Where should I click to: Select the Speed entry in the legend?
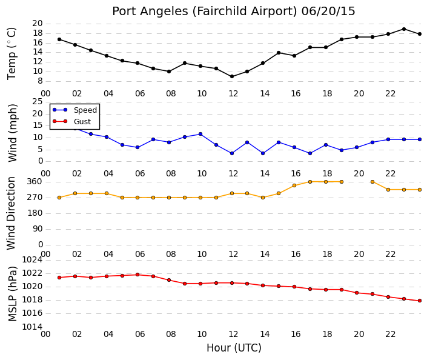pos(85,110)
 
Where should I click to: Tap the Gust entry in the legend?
pos(82,122)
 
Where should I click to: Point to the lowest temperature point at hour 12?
pos(232,76)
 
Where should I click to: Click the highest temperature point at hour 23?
pos(404,29)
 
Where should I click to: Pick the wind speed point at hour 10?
pos(200,134)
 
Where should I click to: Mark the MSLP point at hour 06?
pos(137,275)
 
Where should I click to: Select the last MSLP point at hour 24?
pos(420,301)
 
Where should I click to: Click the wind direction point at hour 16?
pos(294,185)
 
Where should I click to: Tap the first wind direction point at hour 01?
pos(59,198)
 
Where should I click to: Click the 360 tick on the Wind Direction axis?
pos(35,182)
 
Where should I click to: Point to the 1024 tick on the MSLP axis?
pos(33,260)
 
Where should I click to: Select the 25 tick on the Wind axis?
pos(38,102)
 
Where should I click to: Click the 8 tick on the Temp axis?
pos(41,81)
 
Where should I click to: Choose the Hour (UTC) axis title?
pos(234,348)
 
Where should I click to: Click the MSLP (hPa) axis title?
pos(13,294)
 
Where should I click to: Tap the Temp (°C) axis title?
pos(12,54)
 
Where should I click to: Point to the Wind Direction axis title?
pos(11,213)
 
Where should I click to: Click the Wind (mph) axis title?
pos(13,133)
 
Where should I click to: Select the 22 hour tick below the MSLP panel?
pos(390,334)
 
